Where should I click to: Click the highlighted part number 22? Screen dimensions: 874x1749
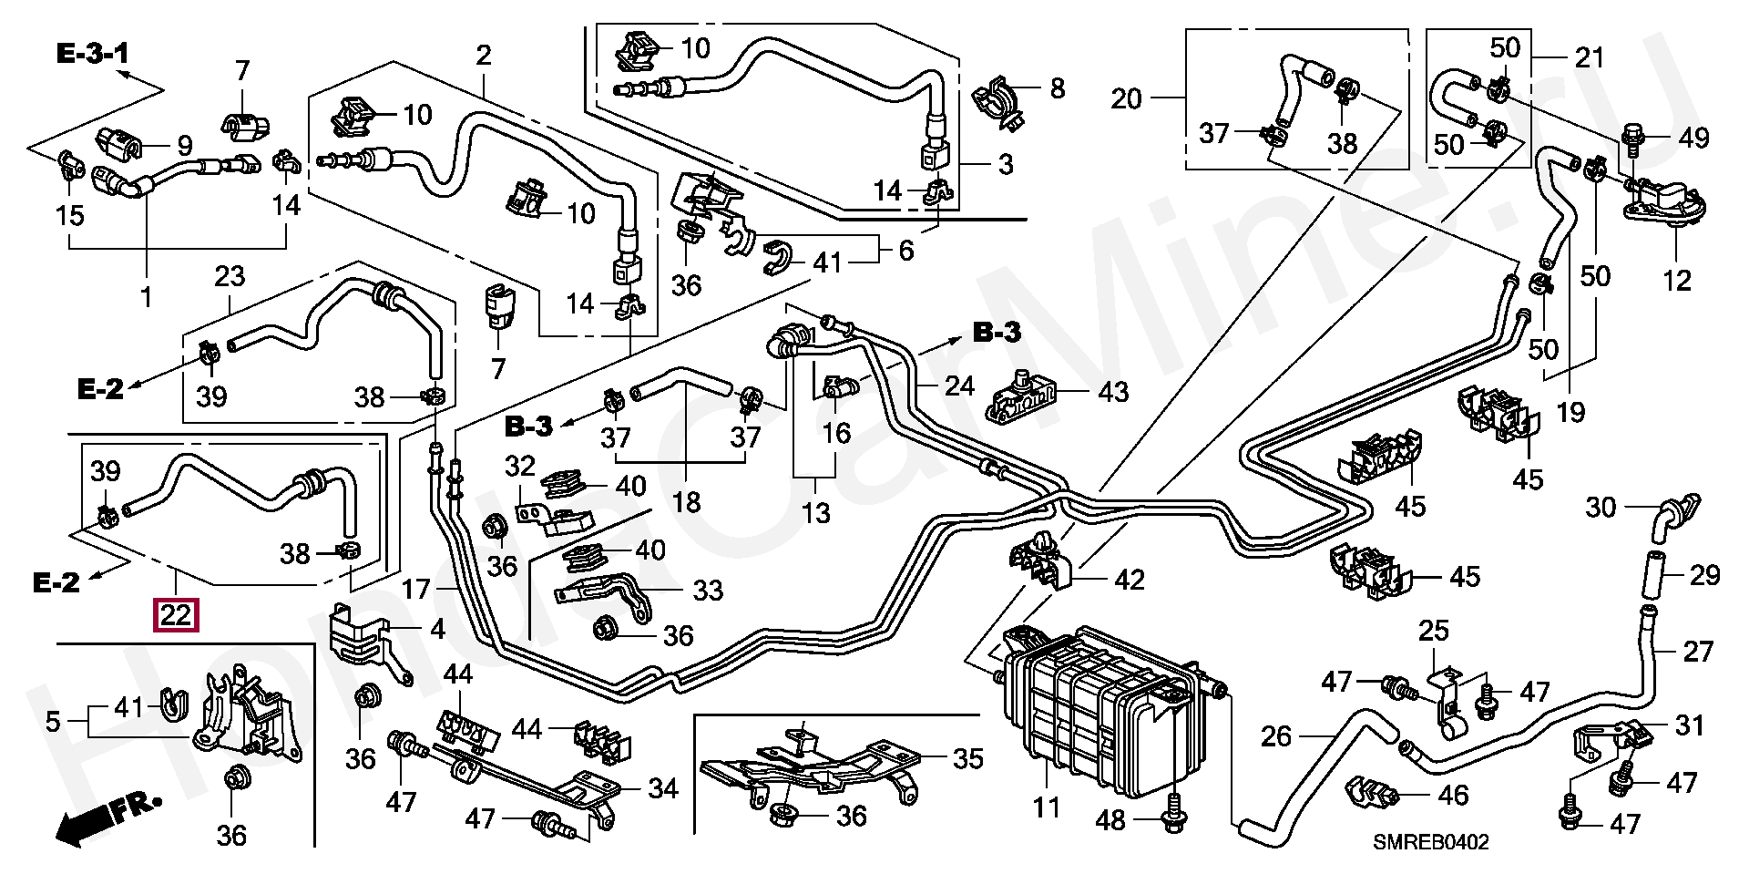click(x=176, y=616)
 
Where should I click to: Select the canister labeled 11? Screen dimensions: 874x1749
click(x=1093, y=702)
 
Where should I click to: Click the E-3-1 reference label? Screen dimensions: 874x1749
click(x=92, y=54)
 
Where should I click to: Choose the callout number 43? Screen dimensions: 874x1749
click(x=1112, y=392)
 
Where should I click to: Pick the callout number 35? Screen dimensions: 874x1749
click(x=968, y=758)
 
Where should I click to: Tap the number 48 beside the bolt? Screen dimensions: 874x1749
click(x=1110, y=820)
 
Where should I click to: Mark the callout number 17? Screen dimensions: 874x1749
click(x=415, y=590)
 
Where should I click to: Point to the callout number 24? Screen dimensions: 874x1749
click(x=959, y=387)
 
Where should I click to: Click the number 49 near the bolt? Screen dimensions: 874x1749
click(x=1693, y=139)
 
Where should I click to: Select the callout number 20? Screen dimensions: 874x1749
click(x=1127, y=98)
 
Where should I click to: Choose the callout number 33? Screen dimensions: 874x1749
click(x=707, y=590)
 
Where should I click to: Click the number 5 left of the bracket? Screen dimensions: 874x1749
click(x=52, y=722)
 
